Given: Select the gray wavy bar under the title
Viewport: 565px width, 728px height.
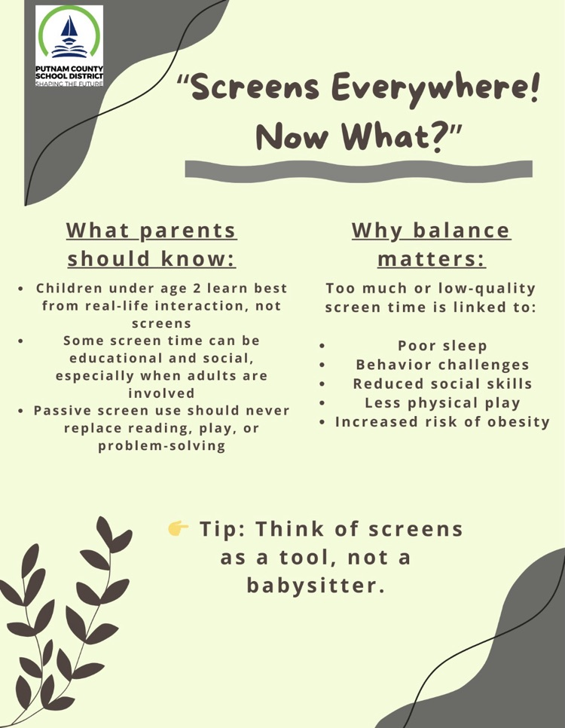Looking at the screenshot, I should point(358,169).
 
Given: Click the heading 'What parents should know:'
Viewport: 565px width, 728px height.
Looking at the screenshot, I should point(151,243).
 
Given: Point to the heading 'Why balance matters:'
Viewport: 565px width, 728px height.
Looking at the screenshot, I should point(431,243).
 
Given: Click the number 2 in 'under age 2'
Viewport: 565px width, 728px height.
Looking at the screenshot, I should point(195,288).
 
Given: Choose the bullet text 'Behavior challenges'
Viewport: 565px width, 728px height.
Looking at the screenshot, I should point(442,365).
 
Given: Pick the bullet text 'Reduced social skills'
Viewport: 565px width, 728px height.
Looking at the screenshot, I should point(442,384).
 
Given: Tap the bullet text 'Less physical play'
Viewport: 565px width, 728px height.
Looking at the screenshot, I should point(442,402).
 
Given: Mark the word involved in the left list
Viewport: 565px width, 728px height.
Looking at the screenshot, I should point(161,393).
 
